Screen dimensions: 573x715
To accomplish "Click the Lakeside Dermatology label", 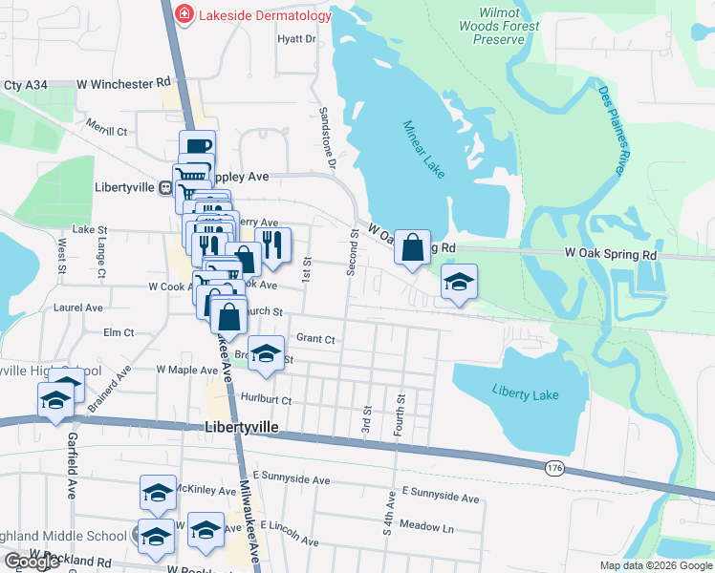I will coord(265,14).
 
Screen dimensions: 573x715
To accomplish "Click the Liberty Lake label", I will coord(526,391).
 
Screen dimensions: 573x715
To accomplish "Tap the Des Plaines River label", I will coord(612,130).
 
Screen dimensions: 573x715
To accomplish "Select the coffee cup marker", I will coord(197,147).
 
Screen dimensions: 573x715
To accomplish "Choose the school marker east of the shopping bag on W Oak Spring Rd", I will coord(459,282).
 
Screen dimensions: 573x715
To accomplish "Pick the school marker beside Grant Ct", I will coord(266,353).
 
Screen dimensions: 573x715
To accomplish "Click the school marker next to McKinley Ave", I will coord(158,492).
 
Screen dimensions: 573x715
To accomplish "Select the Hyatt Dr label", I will coord(295,39).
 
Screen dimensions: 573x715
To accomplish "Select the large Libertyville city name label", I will coord(241,429).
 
